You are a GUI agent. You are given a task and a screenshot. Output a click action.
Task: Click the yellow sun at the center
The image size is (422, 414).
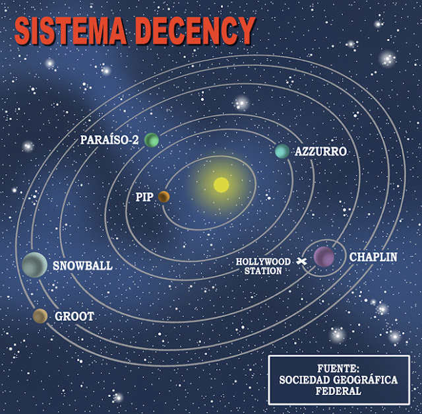[x=221, y=184]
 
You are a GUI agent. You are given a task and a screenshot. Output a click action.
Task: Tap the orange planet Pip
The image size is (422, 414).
[x=164, y=196]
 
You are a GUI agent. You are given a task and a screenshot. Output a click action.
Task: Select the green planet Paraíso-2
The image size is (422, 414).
[x=152, y=140]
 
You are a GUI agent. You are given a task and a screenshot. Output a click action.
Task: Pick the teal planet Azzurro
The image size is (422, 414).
[x=282, y=151]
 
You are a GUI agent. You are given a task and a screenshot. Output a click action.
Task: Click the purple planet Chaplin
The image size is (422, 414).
[x=324, y=256]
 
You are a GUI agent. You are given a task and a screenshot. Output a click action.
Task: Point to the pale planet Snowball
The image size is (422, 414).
[x=34, y=265]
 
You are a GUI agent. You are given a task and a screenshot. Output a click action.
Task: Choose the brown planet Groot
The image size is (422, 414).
[x=40, y=316]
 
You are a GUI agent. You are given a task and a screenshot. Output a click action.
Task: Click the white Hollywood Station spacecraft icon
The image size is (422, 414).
[x=302, y=263]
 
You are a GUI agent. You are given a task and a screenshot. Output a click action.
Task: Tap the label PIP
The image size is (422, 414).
[x=144, y=197]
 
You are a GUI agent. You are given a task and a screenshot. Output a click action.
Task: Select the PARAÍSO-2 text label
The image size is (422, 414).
[x=109, y=141]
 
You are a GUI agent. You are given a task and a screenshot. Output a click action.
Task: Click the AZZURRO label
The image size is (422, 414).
[x=320, y=152]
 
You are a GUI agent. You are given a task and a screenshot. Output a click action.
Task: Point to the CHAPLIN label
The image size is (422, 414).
[x=373, y=256]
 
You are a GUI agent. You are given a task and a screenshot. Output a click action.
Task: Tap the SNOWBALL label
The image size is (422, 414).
[x=82, y=266]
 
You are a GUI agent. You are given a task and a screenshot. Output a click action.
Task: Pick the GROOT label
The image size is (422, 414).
[x=74, y=317]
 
